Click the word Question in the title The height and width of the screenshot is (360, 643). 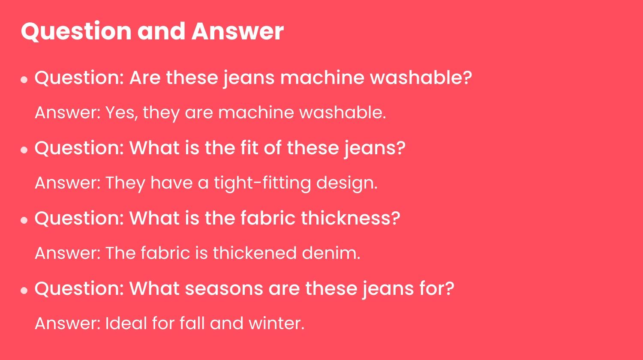[76, 32]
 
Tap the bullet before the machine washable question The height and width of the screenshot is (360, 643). [24, 80]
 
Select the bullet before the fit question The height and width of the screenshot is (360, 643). [24, 150]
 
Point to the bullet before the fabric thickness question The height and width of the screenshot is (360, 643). [24, 220]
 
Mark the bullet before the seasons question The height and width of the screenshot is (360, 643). [24, 291]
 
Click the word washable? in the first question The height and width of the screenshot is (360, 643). [421, 78]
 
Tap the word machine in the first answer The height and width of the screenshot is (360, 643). [256, 112]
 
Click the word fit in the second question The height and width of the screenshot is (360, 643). [249, 148]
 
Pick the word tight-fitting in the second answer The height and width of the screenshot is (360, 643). [262, 183]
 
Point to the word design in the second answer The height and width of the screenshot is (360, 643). [347, 183]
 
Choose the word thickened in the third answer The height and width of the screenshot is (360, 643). [255, 253]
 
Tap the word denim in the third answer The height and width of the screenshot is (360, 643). [331, 253]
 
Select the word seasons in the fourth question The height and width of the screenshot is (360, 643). [224, 289]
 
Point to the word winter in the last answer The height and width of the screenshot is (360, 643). [276, 323]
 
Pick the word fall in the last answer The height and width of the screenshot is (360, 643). [192, 323]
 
